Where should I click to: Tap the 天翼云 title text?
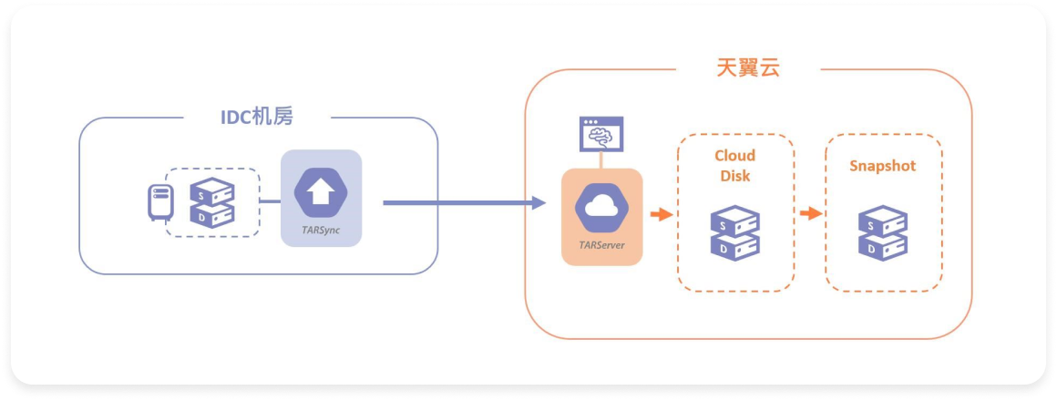[x=747, y=67]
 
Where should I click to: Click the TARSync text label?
[x=321, y=231]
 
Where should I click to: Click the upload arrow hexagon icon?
[x=321, y=194]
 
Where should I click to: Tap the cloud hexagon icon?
[x=601, y=207]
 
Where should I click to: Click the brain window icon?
[x=601, y=134]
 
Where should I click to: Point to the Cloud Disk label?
[x=734, y=165]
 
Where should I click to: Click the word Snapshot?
[x=882, y=166]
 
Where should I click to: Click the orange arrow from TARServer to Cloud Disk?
[x=661, y=215]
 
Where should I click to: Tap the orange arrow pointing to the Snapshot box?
[x=809, y=215]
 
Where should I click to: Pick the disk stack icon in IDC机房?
[x=211, y=203]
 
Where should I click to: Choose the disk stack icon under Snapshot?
[x=882, y=233]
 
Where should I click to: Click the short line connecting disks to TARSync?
[x=271, y=201]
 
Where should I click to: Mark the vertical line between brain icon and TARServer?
[x=601, y=160]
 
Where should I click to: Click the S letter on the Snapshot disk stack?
[x=871, y=225]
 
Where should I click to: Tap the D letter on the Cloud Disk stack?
[x=723, y=249]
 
